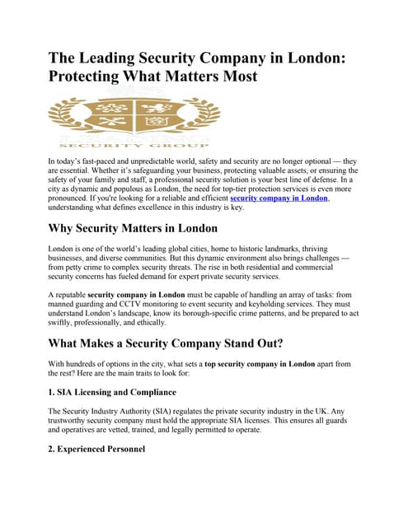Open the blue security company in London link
pos(279,198)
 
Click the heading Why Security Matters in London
pos(133,227)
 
